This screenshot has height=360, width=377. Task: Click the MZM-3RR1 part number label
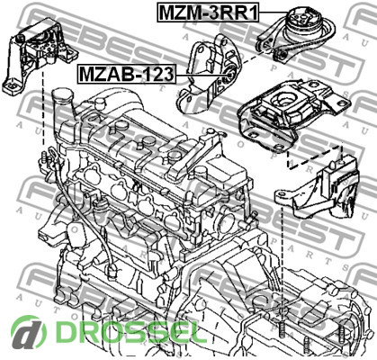[208, 12]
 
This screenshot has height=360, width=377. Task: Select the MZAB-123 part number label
[127, 74]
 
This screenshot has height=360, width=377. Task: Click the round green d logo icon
[29, 333]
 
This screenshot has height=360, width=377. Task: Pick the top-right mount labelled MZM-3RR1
[295, 34]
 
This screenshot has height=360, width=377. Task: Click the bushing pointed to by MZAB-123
[230, 75]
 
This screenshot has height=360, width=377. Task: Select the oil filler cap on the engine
[62, 96]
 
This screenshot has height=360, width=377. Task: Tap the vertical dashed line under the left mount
[44, 110]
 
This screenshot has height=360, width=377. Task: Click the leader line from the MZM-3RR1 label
[273, 12]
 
